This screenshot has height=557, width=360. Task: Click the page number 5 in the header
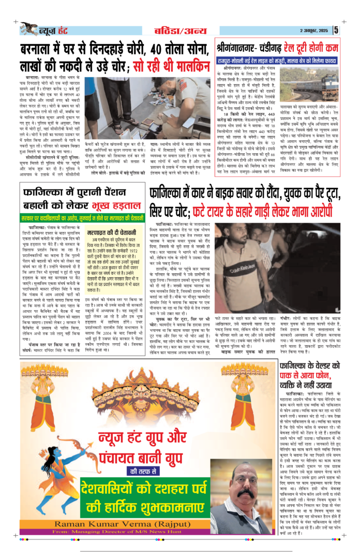(x=336, y=29)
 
